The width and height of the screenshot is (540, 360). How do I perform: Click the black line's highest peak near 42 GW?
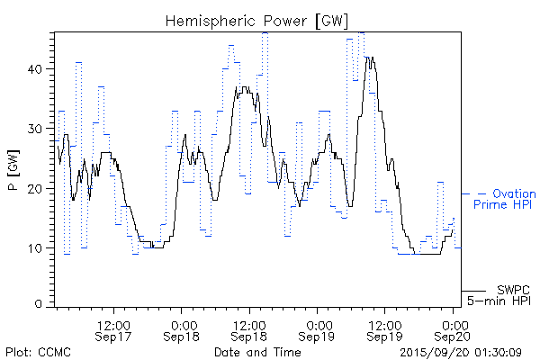370,58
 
